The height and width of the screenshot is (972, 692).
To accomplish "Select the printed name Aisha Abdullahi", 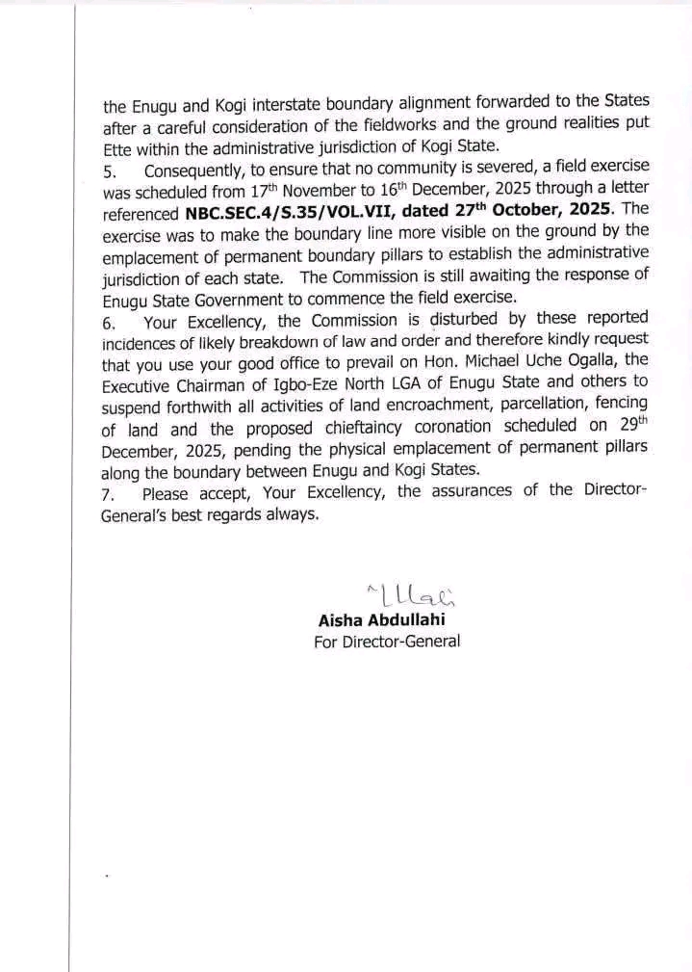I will coord(381,619).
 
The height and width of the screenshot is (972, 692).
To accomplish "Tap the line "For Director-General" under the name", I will coord(387,641).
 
